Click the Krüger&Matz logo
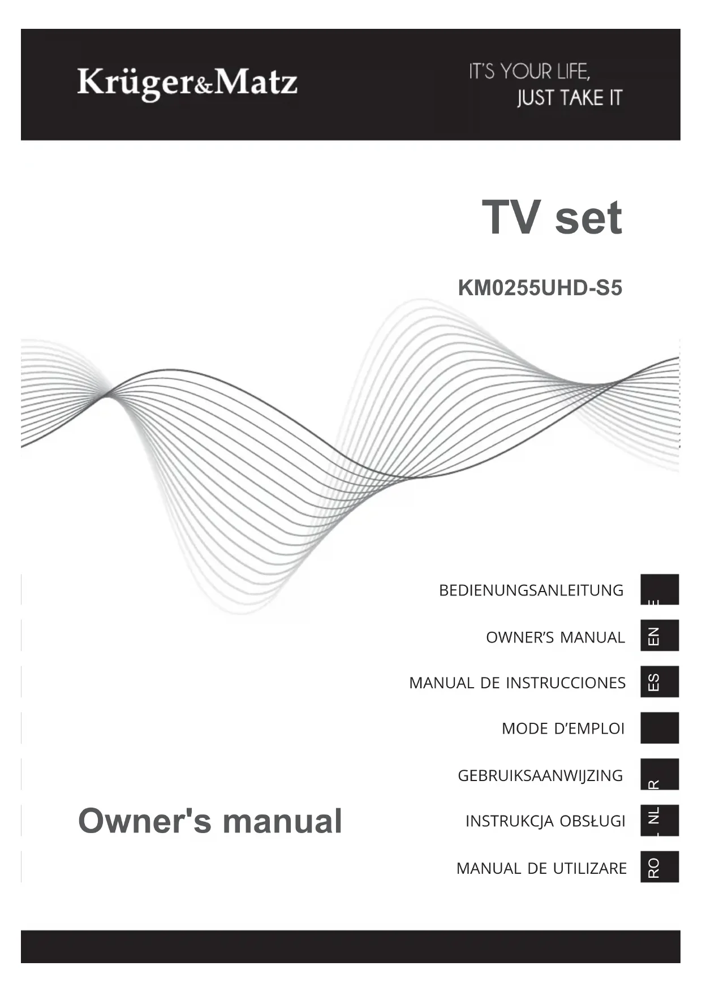(x=187, y=83)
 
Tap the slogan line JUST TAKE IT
(x=569, y=98)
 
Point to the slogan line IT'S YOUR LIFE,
(x=529, y=72)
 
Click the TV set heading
(x=552, y=218)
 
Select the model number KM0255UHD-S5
(x=540, y=288)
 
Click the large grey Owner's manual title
(x=210, y=821)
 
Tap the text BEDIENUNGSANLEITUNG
(x=531, y=590)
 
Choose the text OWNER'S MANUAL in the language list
(x=555, y=637)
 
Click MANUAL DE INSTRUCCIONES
(x=517, y=683)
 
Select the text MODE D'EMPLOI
(x=563, y=728)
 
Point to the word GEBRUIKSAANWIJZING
(x=540, y=775)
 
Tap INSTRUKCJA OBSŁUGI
(x=545, y=821)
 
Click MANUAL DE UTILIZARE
(x=541, y=868)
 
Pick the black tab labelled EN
(x=659, y=636)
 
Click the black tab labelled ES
(x=659, y=682)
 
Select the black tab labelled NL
(x=659, y=820)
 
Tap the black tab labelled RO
(x=659, y=867)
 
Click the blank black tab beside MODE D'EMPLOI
(x=659, y=728)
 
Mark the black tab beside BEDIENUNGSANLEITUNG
(x=659, y=589)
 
